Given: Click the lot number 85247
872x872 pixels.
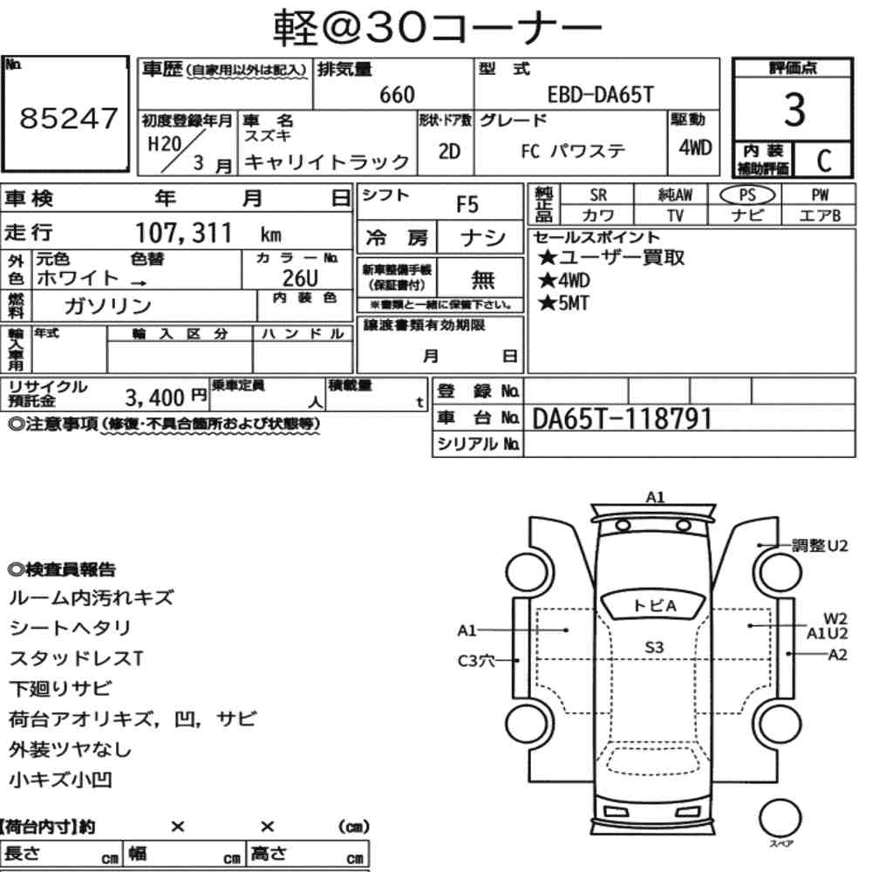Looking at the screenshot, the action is point(69,119).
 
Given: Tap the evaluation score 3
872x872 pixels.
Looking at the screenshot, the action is point(794,110).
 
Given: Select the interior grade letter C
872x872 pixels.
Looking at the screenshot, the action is point(824,160).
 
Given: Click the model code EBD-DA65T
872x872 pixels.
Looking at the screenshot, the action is point(601,95).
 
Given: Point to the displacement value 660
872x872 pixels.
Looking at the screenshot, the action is point(397,95).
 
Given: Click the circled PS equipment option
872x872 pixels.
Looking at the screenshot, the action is point(747,195).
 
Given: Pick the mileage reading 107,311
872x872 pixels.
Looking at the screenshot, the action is point(183,233).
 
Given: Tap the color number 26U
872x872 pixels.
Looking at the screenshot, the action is point(300,277).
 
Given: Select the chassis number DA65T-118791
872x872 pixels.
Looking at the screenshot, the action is point(622,419).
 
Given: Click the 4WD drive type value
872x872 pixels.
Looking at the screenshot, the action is point(695,148).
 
